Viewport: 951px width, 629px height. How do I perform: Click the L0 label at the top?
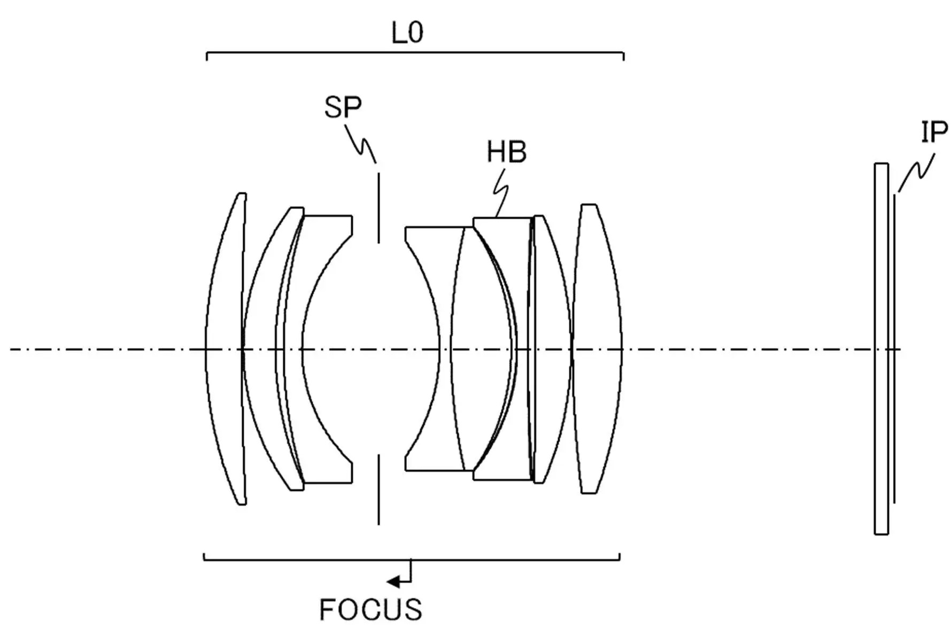click(407, 33)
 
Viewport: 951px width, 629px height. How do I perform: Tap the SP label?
click(343, 107)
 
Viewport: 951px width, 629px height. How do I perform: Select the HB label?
click(506, 152)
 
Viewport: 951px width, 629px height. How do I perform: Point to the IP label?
click(933, 132)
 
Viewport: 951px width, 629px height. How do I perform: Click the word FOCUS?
click(370, 610)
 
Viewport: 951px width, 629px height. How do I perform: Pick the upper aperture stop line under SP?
click(378, 207)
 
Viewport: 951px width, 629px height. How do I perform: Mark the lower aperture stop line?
click(378, 490)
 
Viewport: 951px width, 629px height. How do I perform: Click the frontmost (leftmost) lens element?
click(226, 348)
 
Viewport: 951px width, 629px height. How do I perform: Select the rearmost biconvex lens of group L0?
click(597, 348)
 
